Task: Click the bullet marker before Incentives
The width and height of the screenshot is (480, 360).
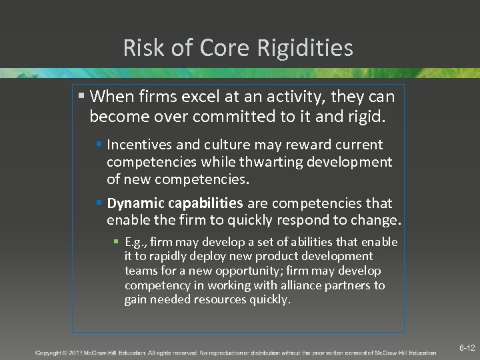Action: pyautogui.click(x=99, y=145)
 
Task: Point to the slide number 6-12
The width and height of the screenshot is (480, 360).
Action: pyautogui.click(x=467, y=348)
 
